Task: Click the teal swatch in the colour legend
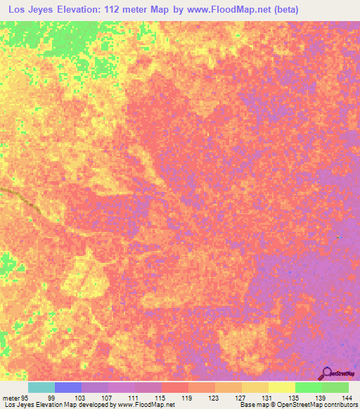41,387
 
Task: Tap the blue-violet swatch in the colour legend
67,387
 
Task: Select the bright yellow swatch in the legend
281,387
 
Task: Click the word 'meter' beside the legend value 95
10,397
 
